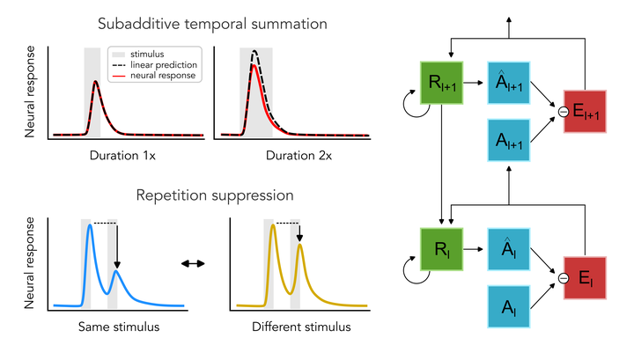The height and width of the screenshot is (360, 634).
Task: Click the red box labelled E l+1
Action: coord(584,111)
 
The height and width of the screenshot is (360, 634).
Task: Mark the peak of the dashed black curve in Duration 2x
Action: coord(255,51)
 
